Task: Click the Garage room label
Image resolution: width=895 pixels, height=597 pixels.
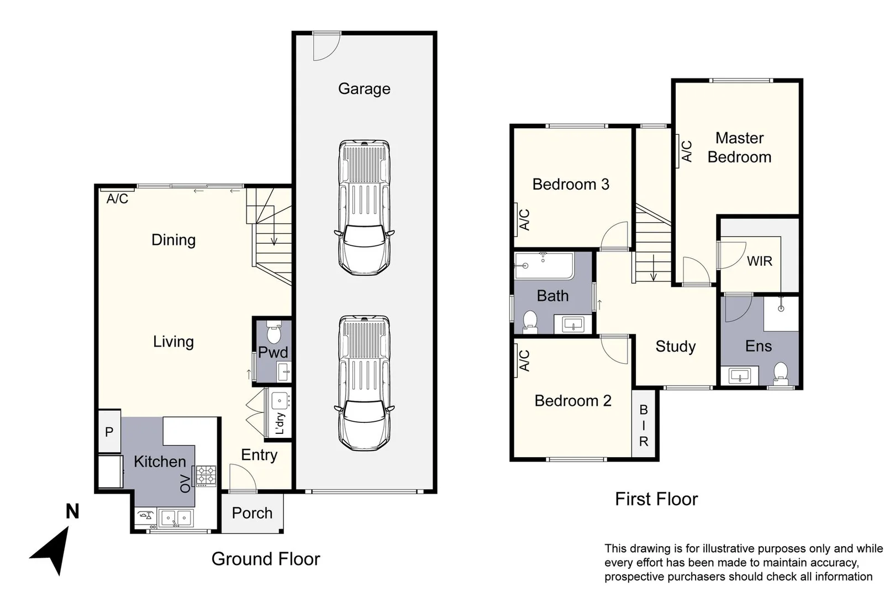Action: coord(364,88)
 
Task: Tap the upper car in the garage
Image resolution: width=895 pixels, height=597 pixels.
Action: coord(364,207)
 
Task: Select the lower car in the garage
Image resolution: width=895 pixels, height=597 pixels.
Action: coord(364,383)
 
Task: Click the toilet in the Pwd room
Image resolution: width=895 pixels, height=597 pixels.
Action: coord(273,333)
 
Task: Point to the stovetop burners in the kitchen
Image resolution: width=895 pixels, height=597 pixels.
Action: coord(207,475)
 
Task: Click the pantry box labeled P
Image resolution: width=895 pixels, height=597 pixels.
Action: coord(109,432)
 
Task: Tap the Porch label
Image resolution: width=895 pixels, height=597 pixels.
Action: coord(252,513)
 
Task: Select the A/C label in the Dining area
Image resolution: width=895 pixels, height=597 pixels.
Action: coord(117,198)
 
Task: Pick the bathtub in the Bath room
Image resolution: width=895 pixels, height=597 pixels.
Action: coord(544,266)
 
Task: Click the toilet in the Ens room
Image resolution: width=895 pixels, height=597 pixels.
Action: coord(781,372)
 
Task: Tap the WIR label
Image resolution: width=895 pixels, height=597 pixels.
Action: coord(759,261)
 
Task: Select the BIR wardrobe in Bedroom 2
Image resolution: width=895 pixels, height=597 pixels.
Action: coord(644,425)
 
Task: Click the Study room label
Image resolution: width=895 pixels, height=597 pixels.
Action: coord(675,346)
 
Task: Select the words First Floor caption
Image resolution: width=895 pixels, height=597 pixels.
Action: coord(656,499)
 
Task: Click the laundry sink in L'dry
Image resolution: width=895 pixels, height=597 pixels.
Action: coord(280,400)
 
